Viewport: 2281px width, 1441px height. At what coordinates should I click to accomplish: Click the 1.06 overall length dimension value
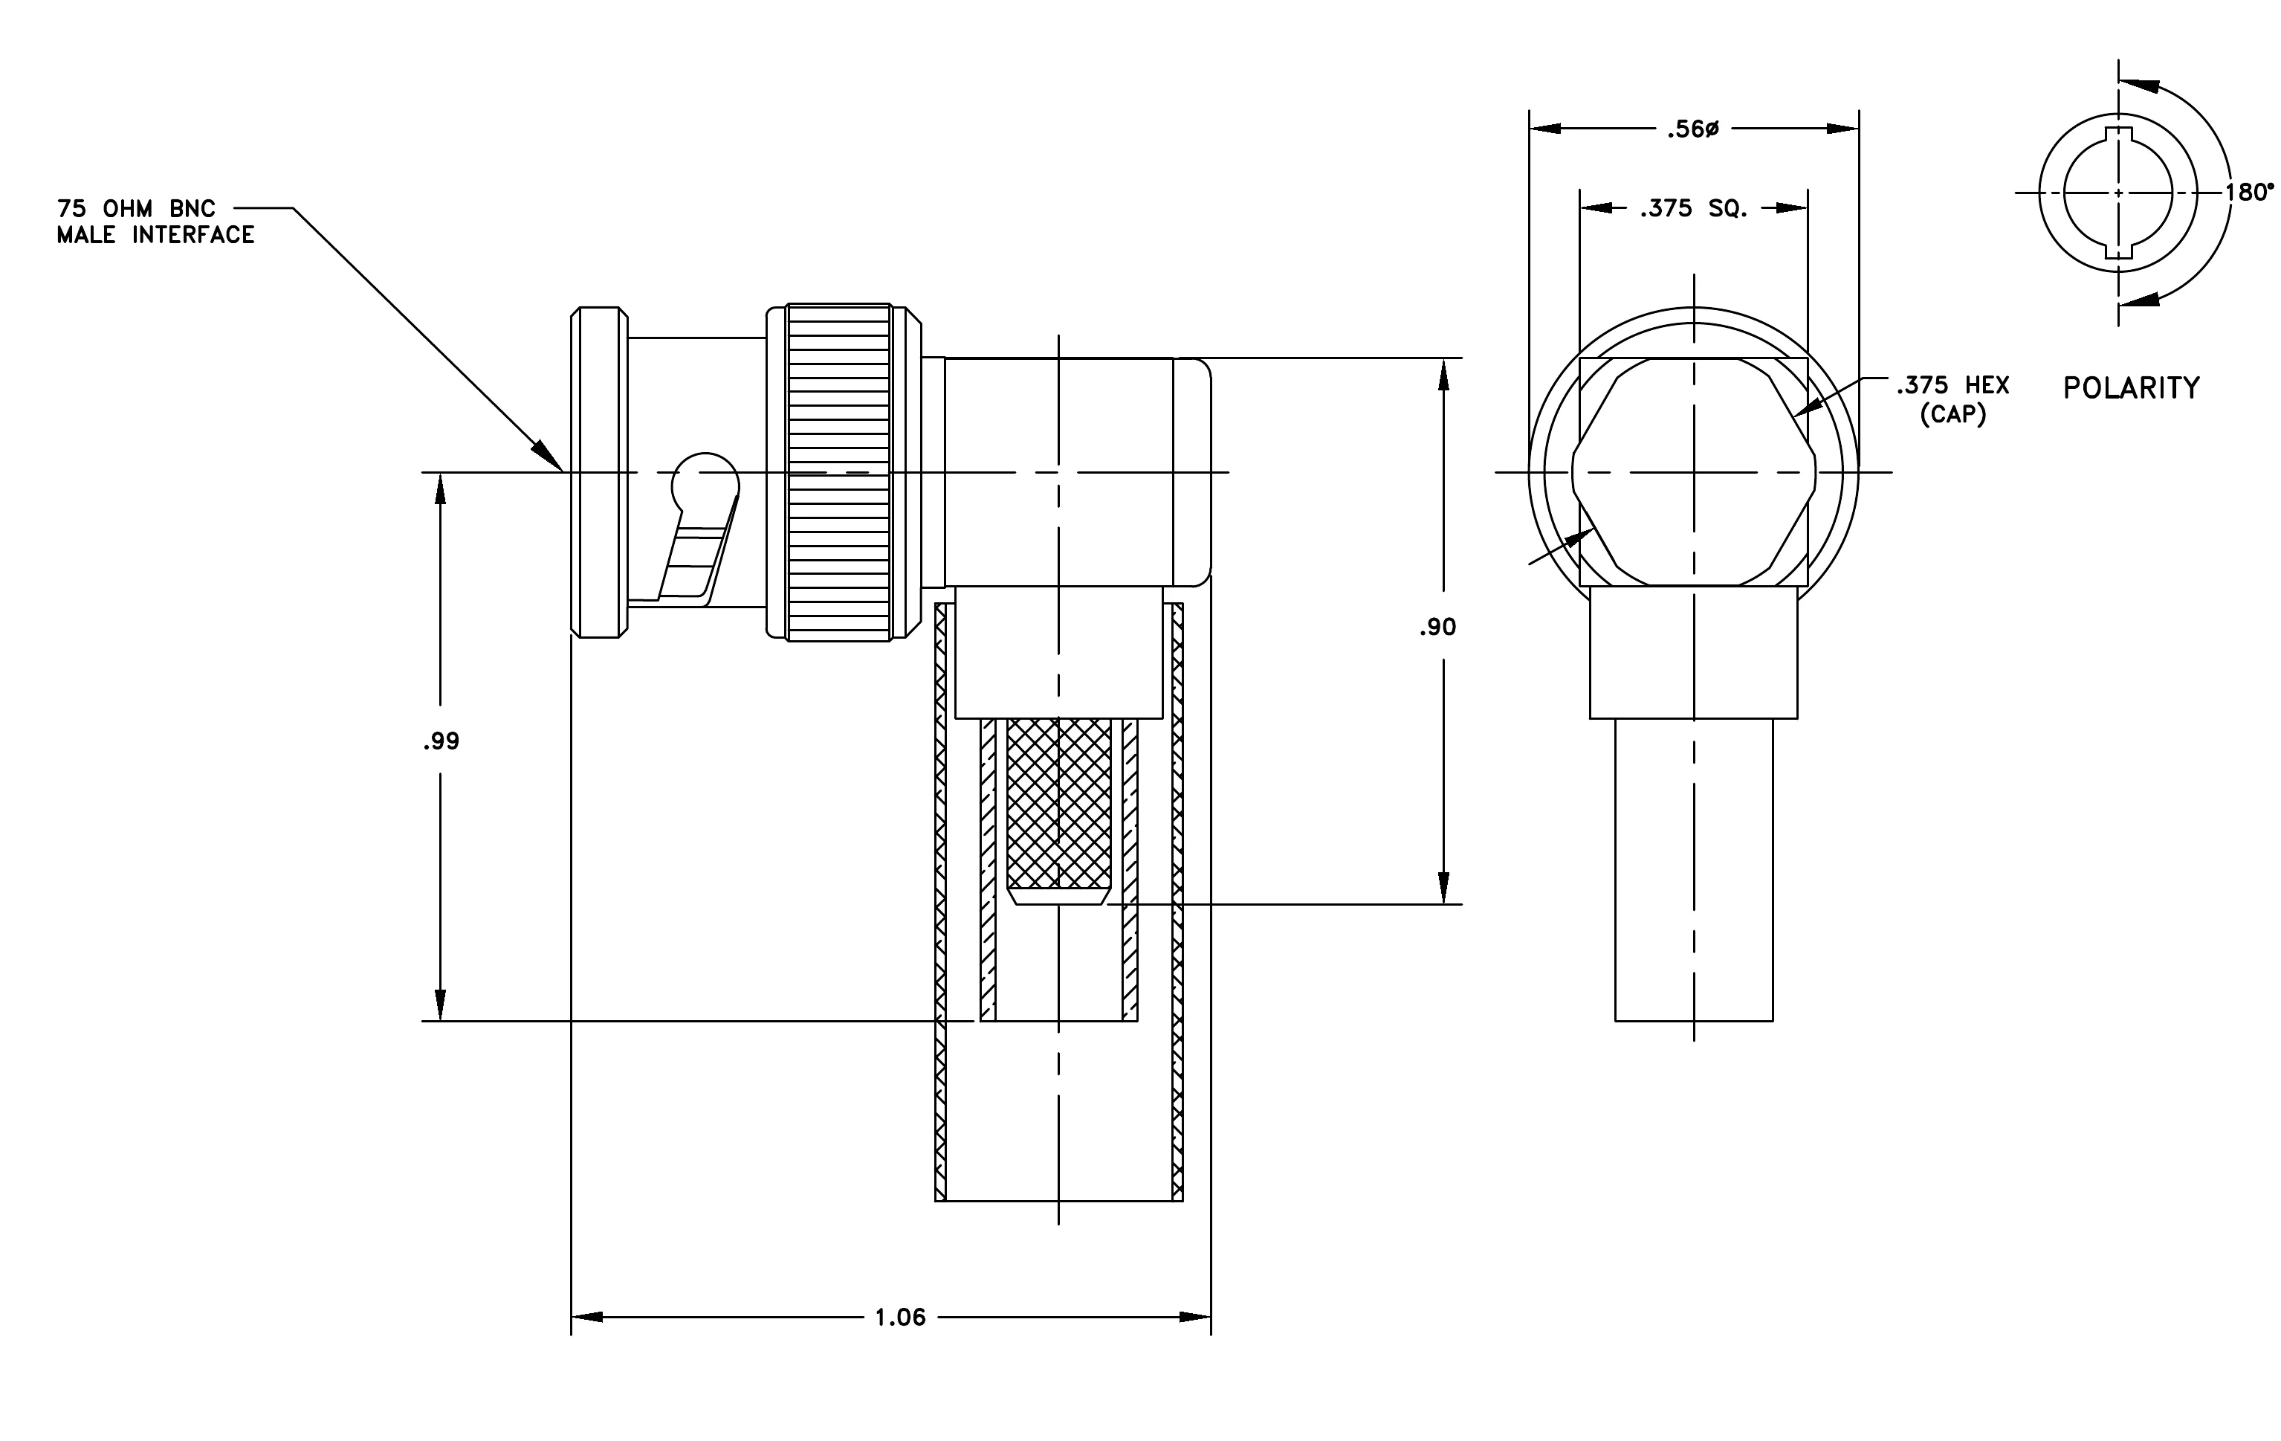click(x=900, y=1317)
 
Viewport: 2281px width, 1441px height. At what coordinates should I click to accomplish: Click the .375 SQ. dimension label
click(x=1694, y=208)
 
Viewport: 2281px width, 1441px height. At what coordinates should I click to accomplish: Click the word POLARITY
click(x=2132, y=387)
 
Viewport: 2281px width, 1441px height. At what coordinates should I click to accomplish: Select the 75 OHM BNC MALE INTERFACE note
click(x=155, y=222)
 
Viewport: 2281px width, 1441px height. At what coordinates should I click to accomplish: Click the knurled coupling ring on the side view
click(x=839, y=472)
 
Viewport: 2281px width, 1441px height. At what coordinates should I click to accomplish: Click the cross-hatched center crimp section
click(x=1059, y=803)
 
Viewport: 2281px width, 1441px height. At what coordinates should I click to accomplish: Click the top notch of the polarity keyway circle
click(x=2118, y=135)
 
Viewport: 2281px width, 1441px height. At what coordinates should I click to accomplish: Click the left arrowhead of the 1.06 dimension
click(x=587, y=1317)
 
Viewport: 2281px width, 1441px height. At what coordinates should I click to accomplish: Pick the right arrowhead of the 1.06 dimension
click(x=1194, y=1317)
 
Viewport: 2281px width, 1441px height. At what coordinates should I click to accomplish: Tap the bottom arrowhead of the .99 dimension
click(x=441, y=1005)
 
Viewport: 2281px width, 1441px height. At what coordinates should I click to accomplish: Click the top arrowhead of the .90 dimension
click(x=1443, y=374)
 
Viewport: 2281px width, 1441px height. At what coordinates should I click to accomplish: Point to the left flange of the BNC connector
click(x=598, y=472)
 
